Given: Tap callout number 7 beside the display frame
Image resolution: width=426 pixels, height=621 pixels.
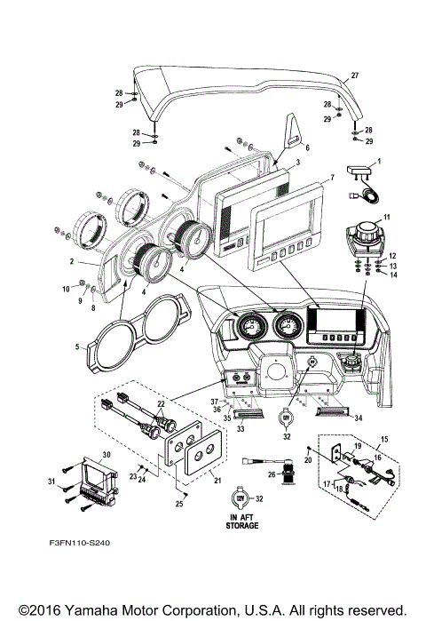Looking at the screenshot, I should [x=332, y=179].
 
